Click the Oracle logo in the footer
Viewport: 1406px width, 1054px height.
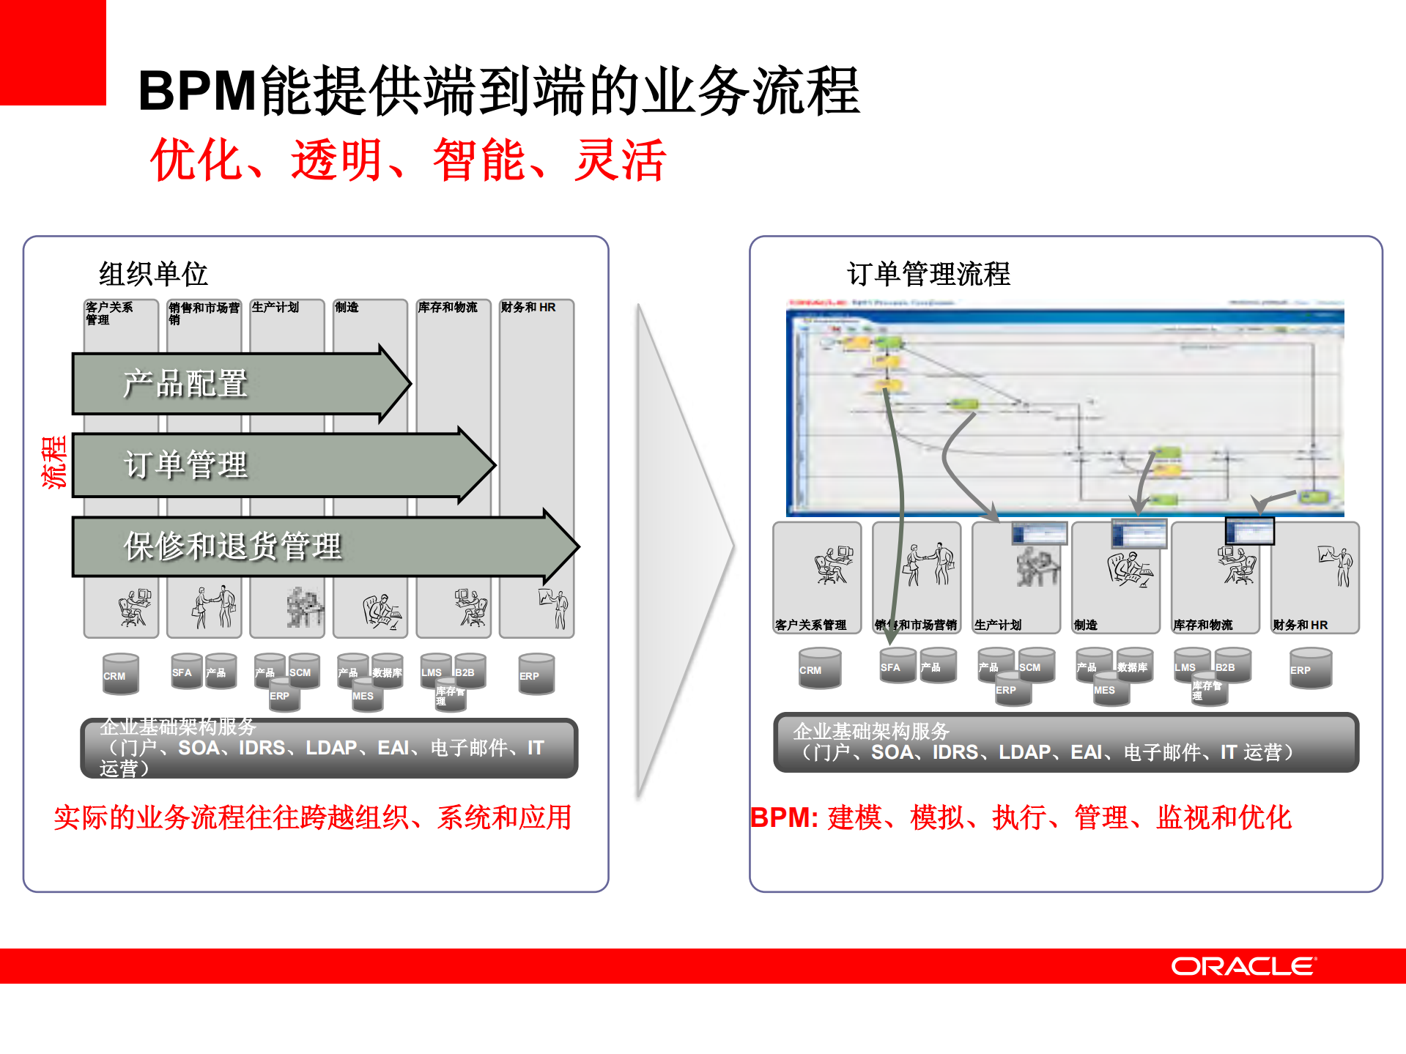pos(1243,966)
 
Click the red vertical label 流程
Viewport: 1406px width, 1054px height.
pos(54,461)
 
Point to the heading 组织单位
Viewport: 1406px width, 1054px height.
pos(153,274)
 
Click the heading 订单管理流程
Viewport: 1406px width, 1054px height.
pos(928,274)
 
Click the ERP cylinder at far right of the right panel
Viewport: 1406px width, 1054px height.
pos(1310,668)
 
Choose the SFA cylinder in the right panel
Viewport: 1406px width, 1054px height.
pos(897,666)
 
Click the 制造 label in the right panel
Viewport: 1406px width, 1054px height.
pos(1086,625)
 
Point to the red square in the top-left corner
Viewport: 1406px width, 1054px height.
pos(53,51)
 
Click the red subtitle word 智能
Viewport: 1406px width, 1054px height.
pos(478,160)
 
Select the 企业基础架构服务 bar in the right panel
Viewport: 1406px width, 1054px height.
pos(1066,742)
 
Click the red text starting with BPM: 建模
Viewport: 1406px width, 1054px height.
pos(1021,817)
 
